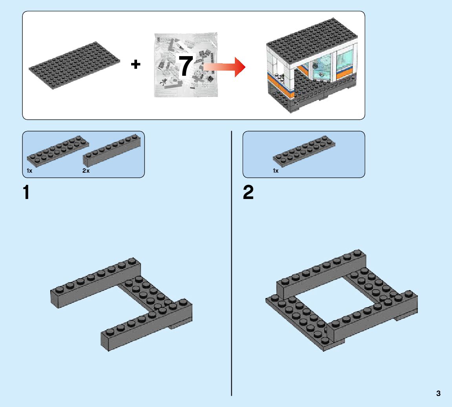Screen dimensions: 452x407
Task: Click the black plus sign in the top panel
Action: pyautogui.click(x=135, y=64)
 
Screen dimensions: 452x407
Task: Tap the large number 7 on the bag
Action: pyautogui.click(x=186, y=66)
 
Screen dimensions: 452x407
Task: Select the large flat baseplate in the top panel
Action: pyautogui.click(x=74, y=66)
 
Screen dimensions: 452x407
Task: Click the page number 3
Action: pyautogui.click(x=438, y=393)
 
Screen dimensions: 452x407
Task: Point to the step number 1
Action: pyautogui.click(x=26, y=193)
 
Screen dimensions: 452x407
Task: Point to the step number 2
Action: pyautogui.click(x=248, y=193)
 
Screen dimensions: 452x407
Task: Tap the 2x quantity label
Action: pyautogui.click(x=86, y=171)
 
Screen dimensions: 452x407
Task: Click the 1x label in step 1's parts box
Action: pyautogui.click(x=29, y=171)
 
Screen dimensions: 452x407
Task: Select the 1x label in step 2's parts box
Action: pyautogui.click(x=276, y=171)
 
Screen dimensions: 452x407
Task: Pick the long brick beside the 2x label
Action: pyautogui.click(x=112, y=151)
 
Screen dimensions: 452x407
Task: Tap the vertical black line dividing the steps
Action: pyautogui.click(x=232, y=263)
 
